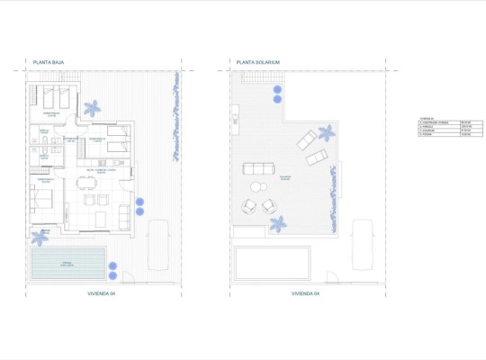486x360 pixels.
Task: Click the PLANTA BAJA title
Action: tap(47, 63)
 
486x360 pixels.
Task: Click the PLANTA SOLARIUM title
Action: tap(258, 63)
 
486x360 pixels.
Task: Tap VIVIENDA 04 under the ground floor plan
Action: tap(103, 293)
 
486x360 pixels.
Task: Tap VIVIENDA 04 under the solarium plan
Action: tap(307, 293)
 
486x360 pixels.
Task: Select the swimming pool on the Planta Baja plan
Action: tap(66, 264)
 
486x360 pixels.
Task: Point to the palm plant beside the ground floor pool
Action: tap(40, 236)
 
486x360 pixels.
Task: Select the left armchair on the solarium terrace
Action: tap(246, 206)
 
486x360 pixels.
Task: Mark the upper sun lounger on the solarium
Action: tap(307, 139)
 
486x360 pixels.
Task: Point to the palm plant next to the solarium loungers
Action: tap(326, 131)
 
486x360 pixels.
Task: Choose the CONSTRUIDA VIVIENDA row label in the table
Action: tap(436, 121)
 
